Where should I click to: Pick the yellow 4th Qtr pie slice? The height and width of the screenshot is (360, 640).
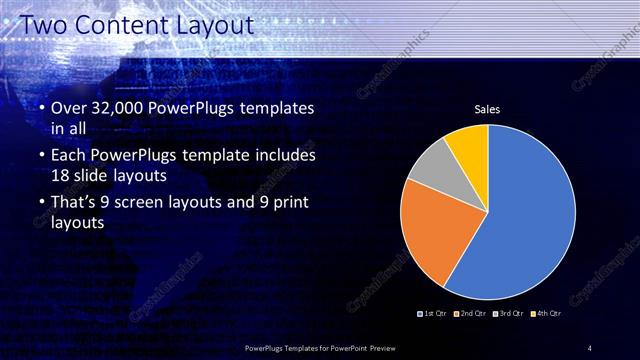click(468, 146)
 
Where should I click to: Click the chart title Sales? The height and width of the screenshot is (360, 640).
click(487, 109)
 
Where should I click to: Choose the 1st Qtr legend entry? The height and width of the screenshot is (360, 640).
click(431, 314)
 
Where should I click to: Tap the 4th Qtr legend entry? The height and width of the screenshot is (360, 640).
click(546, 314)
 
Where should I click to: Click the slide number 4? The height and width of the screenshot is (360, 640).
click(589, 348)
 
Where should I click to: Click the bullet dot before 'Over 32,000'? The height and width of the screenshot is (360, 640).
click(41, 108)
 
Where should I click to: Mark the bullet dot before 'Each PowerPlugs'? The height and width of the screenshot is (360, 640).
click(41, 156)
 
